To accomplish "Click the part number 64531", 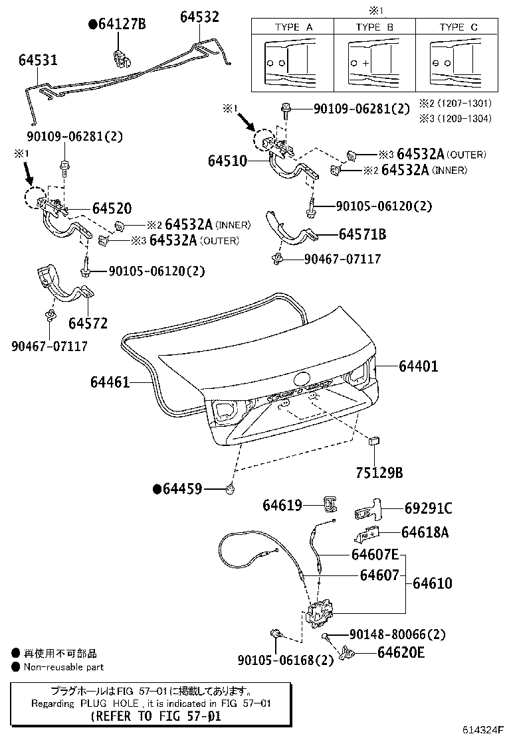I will pos(38,60).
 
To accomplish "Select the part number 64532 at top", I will pos(199,17).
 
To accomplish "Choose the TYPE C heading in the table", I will pos(458,27).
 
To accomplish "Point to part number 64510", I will pos(227,161).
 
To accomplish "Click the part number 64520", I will pos(112,208).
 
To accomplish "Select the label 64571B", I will pos(362,234).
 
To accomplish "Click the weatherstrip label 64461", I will pos(110,382).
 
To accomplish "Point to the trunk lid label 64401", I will pos(419,366).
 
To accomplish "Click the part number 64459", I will pos(181,490).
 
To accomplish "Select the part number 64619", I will pos(282,506).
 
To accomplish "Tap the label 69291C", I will pos(428,508).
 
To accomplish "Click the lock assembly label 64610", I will pos(432,583).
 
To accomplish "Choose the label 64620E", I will pos(401,652).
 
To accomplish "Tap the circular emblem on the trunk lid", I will pos(302,380).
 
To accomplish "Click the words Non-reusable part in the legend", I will pos(64,667).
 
